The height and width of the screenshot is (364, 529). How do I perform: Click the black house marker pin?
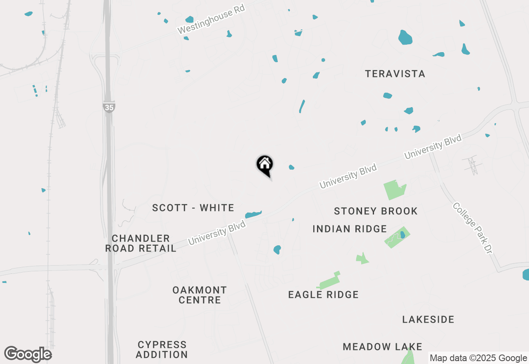pyautogui.click(x=264, y=165)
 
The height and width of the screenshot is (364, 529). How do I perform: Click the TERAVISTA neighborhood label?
pyautogui.click(x=395, y=74)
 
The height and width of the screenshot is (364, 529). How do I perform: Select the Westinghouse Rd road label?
pyautogui.click(x=211, y=19)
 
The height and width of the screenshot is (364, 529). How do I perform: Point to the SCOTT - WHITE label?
pyautogui.click(x=193, y=208)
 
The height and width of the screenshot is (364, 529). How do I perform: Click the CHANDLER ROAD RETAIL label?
pyautogui.click(x=141, y=243)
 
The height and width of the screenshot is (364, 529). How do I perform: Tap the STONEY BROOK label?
pyautogui.click(x=376, y=211)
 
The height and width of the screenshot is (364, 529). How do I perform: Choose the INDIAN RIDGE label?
pyautogui.click(x=350, y=229)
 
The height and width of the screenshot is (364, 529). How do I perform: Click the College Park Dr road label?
pyautogui.click(x=473, y=228)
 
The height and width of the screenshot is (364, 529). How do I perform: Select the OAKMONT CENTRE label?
pyautogui.click(x=200, y=295)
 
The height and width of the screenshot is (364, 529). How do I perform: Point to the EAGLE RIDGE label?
pyautogui.click(x=323, y=295)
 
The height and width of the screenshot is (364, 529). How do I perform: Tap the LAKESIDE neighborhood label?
pyautogui.click(x=428, y=319)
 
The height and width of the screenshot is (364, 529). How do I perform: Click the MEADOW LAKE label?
pyautogui.click(x=382, y=347)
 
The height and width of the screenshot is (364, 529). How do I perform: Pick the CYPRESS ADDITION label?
pyautogui.click(x=162, y=350)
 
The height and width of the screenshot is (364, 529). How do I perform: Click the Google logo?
pyautogui.click(x=28, y=354)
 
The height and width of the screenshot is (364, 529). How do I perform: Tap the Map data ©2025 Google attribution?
pyautogui.click(x=478, y=358)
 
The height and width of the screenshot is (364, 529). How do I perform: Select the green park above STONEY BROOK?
pyautogui.click(x=394, y=190)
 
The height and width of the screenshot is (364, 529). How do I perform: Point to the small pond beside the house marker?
pyautogui.click(x=291, y=167)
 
